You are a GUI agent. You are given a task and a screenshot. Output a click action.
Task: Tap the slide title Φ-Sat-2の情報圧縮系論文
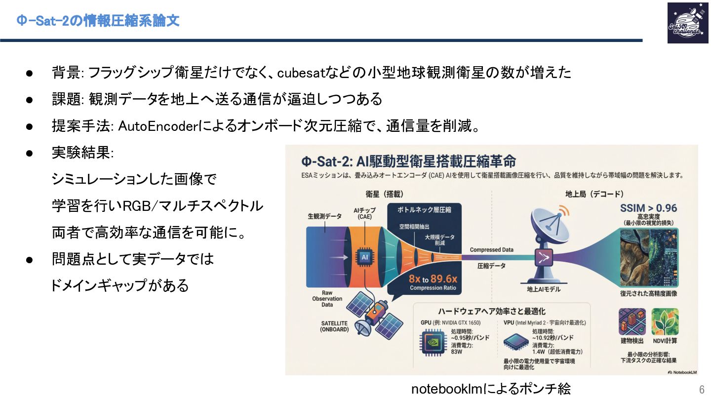[98, 21]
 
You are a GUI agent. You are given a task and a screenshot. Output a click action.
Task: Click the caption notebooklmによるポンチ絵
[491, 389]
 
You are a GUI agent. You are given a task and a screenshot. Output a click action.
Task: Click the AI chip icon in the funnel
[365, 257]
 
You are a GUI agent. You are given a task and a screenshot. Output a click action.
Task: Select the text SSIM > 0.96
[648, 208]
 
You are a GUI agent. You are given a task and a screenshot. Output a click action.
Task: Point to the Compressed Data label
[491, 250]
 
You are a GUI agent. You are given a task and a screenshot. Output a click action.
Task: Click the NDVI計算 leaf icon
[665, 321]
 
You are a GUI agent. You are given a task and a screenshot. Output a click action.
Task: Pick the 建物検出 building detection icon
[632, 321]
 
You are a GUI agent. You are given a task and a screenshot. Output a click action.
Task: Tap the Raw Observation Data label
[327, 299]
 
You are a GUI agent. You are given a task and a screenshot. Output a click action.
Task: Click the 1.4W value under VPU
[538, 352]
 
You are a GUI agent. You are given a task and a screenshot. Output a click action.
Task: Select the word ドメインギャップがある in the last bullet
[120, 285]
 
